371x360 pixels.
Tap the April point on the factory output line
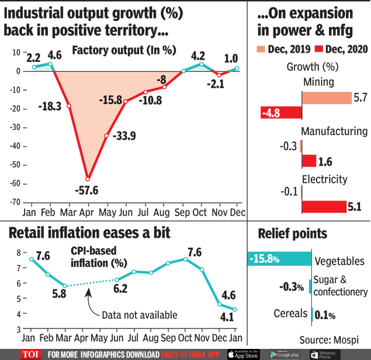pyautogui.click(x=88, y=179)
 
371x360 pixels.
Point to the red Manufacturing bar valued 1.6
pyautogui.click(x=308, y=161)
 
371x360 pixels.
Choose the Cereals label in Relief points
pyautogui.click(x=290, y=314)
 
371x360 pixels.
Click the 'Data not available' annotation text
pyautogui.click(x=140, y=315)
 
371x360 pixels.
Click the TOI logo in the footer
pyautogui.click(x=30, y=354)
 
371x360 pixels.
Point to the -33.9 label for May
pyautogui.click(x=123, y=137)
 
